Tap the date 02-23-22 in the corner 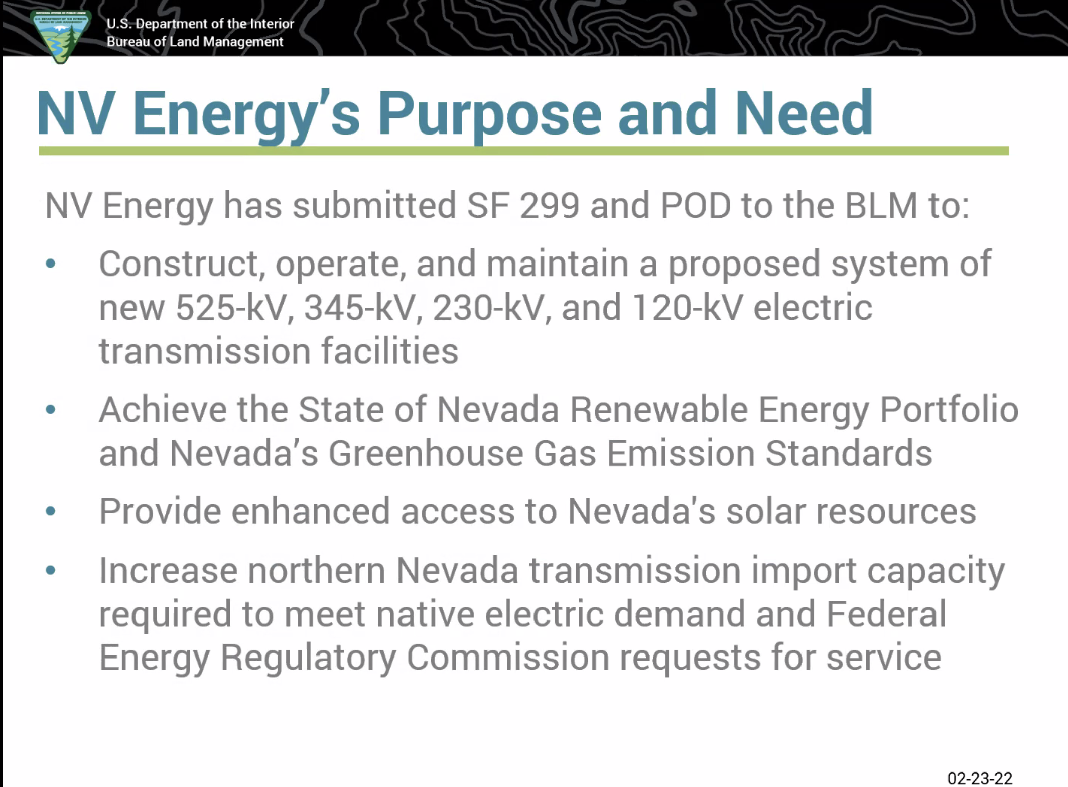click(980, 778)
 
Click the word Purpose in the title click(489, 114)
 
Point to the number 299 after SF click(550, 205)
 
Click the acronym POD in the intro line click(696, 205)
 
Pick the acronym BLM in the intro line click(881, 205)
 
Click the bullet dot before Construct click(50, 264)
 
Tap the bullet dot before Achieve click(50, 410)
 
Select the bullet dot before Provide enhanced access click(50, 511)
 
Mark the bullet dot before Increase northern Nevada click(50, 570)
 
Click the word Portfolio click(949, 409)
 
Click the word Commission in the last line click(507, 657)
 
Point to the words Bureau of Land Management click(195, 42)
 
